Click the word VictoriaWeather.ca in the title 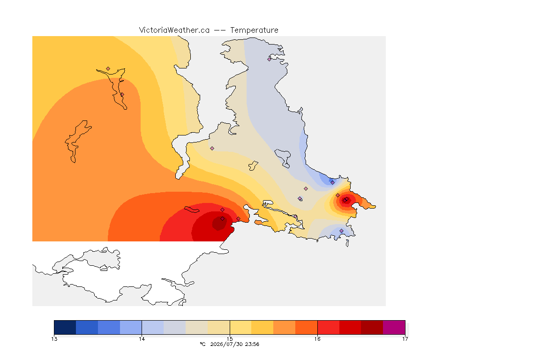(174, 30)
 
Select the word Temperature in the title (254, 30)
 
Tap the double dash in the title (220, 30)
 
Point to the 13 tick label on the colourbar (54, 339)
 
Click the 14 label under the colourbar (142, 339)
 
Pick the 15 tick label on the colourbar (230, 339)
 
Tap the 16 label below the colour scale (317, 339)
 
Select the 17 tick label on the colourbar (405, 339)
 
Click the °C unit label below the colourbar (202, 344)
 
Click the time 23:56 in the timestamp (252, 344)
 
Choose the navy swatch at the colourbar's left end (65, 327)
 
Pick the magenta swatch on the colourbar (394, 327)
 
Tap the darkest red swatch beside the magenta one (372, 327)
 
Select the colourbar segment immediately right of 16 (328, 327)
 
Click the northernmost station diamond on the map (270, 59)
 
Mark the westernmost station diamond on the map (108, 69)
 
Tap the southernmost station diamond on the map (341, 231)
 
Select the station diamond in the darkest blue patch (332, 183)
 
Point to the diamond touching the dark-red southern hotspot (223, 219)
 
